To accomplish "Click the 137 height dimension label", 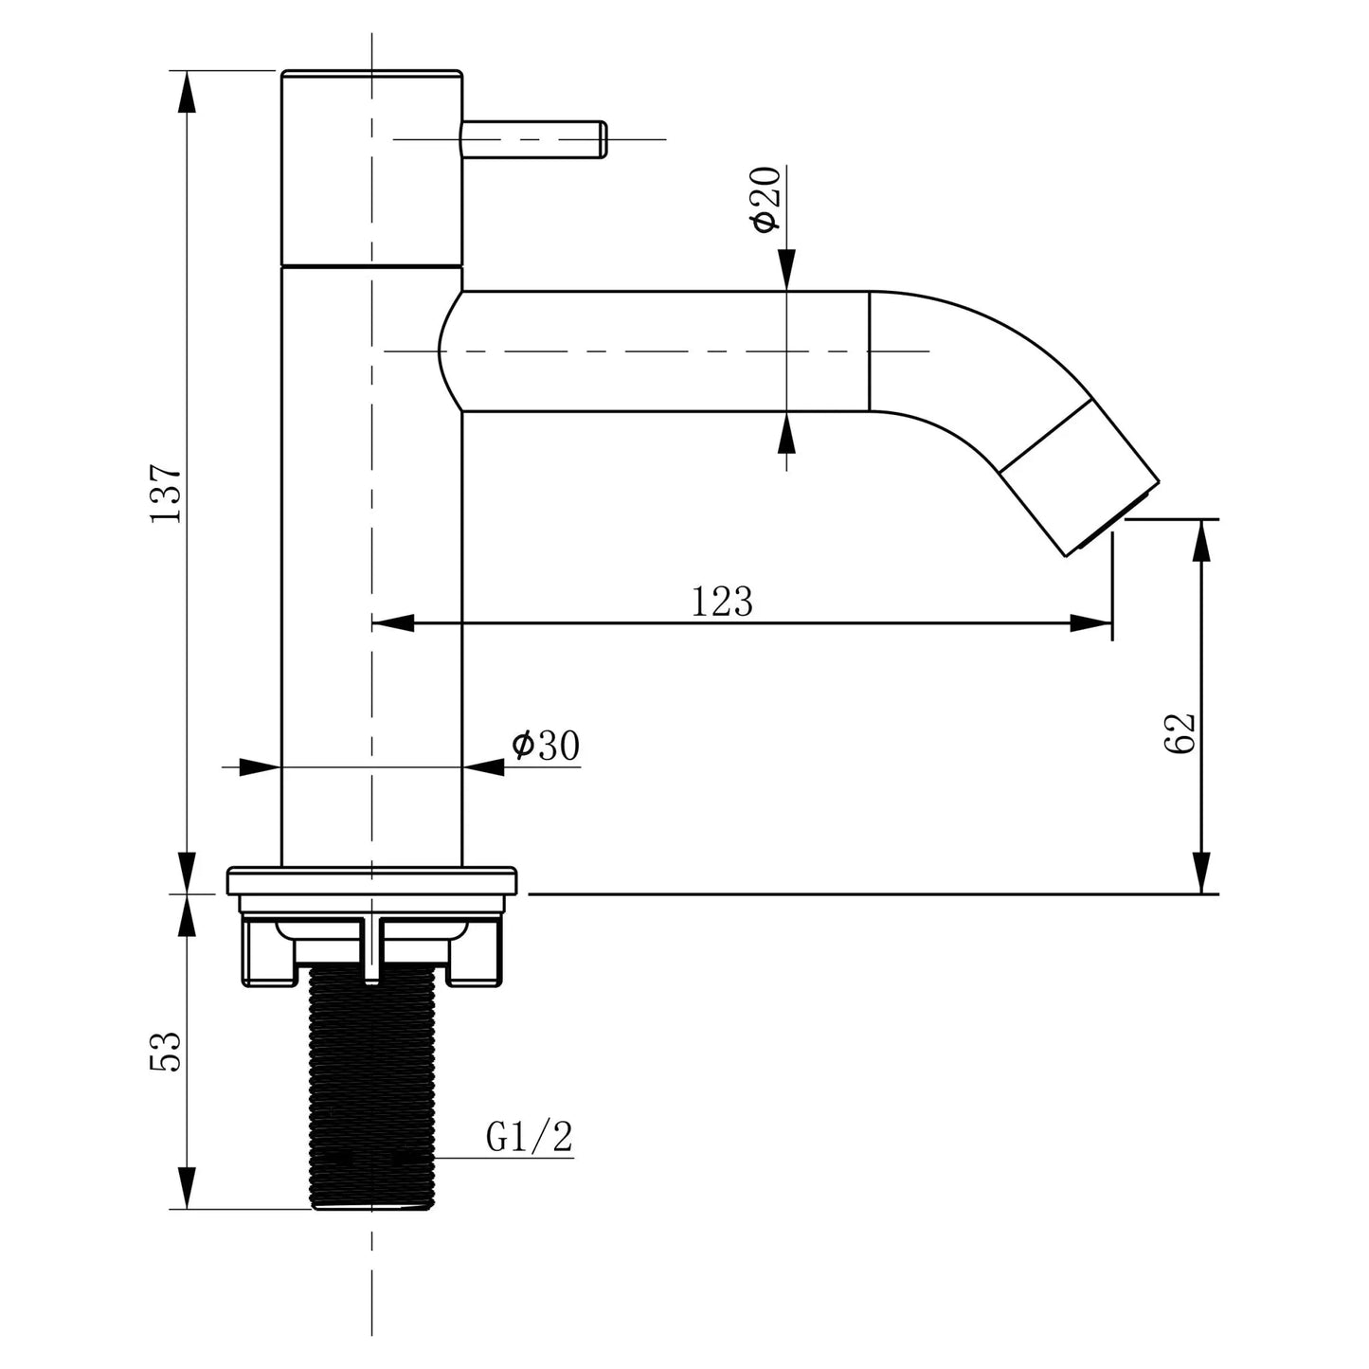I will tap(165, 493).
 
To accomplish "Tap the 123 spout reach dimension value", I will tap(721, 602).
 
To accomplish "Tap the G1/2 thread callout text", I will tap(530, 1136).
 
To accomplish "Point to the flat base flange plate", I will tap(372, 881).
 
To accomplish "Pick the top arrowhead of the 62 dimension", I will tap(1202, 540).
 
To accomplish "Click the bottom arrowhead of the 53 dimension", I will tap(188, 1189).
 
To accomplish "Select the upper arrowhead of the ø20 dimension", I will tap(785, 270).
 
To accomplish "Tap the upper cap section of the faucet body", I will tap(372, 166).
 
